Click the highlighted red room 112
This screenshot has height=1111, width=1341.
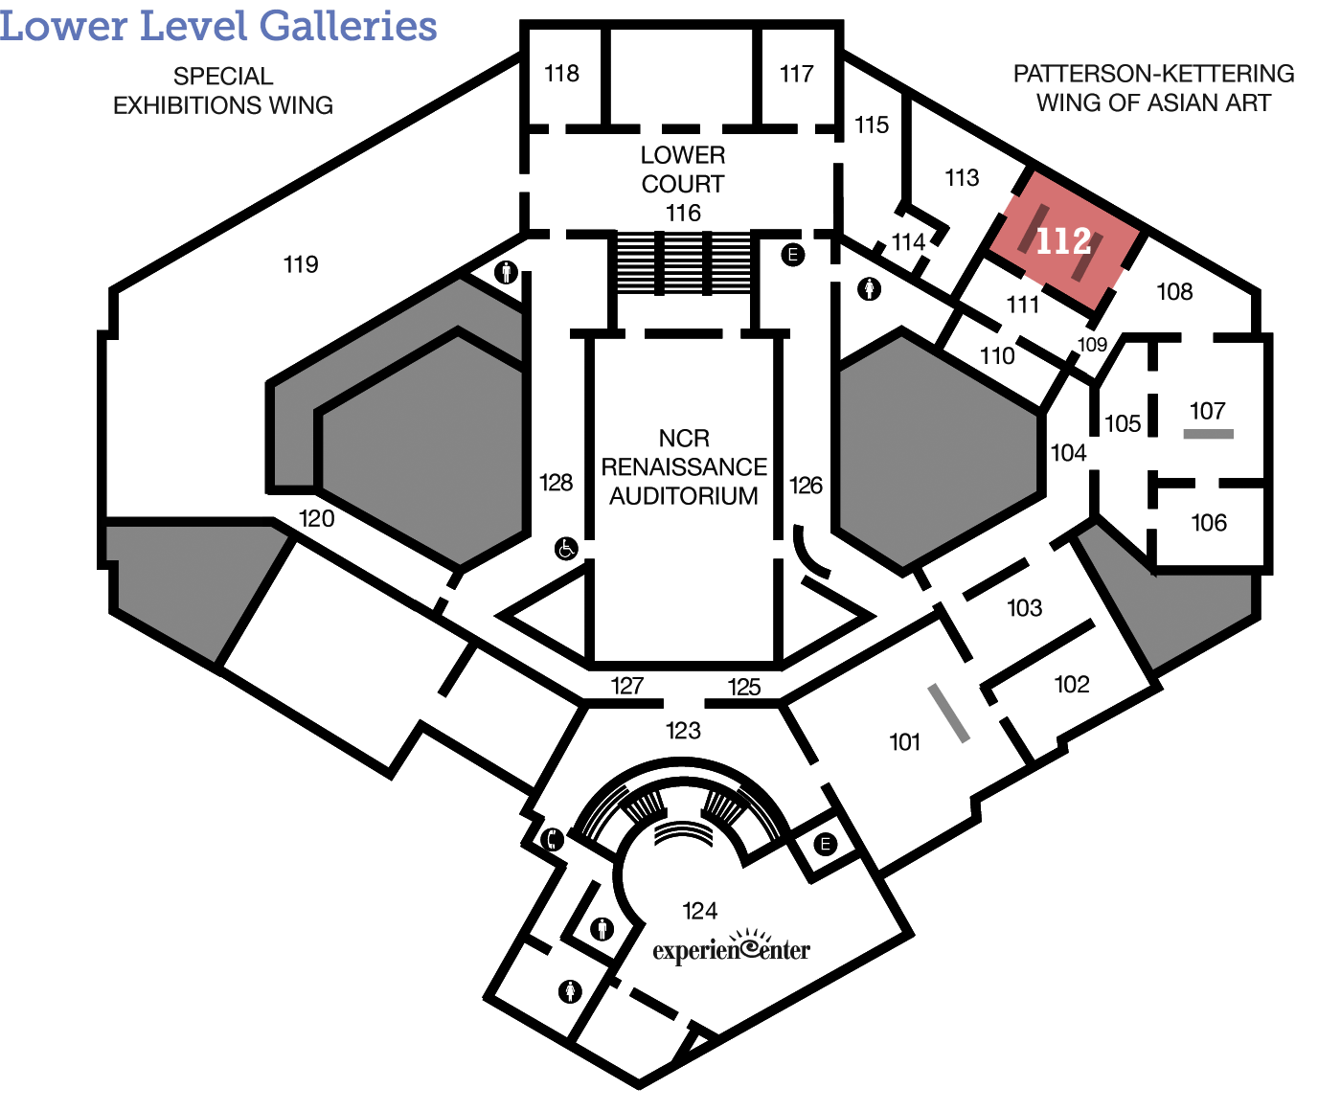[x=1067, y=240]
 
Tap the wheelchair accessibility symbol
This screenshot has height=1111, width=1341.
[x=566, y=549]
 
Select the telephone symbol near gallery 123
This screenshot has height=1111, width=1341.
[x=552, y=839]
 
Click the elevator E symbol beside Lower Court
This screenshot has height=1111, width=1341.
[x=792, y=255]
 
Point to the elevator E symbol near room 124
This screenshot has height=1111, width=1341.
[x=826, y=844]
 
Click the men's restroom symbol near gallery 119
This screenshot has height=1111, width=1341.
[x=506, y=272]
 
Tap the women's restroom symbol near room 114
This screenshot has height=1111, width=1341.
[x=869, y=289]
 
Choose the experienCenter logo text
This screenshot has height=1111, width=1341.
[x=732, y=946]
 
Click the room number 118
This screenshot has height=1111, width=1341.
[x=561, y=74]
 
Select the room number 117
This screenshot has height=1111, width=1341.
[x=796, y=75]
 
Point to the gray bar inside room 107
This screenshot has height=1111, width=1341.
[x=1208, y=434]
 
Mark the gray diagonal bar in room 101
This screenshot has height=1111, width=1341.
[x=948, y=714]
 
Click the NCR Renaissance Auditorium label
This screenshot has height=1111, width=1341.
[x=684, y=466]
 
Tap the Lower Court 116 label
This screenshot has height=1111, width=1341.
[x=683, y=184]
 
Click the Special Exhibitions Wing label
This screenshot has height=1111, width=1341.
[x=223, y=91]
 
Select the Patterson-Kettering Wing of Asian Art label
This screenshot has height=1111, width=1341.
[x=1153, y=89]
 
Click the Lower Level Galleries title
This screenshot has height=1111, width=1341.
[x=218, y=26]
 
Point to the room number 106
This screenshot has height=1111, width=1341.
[x=1209, y=523]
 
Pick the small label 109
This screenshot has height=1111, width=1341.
[x=1093, y=345]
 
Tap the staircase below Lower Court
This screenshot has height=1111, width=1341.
[x=683, y=263]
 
